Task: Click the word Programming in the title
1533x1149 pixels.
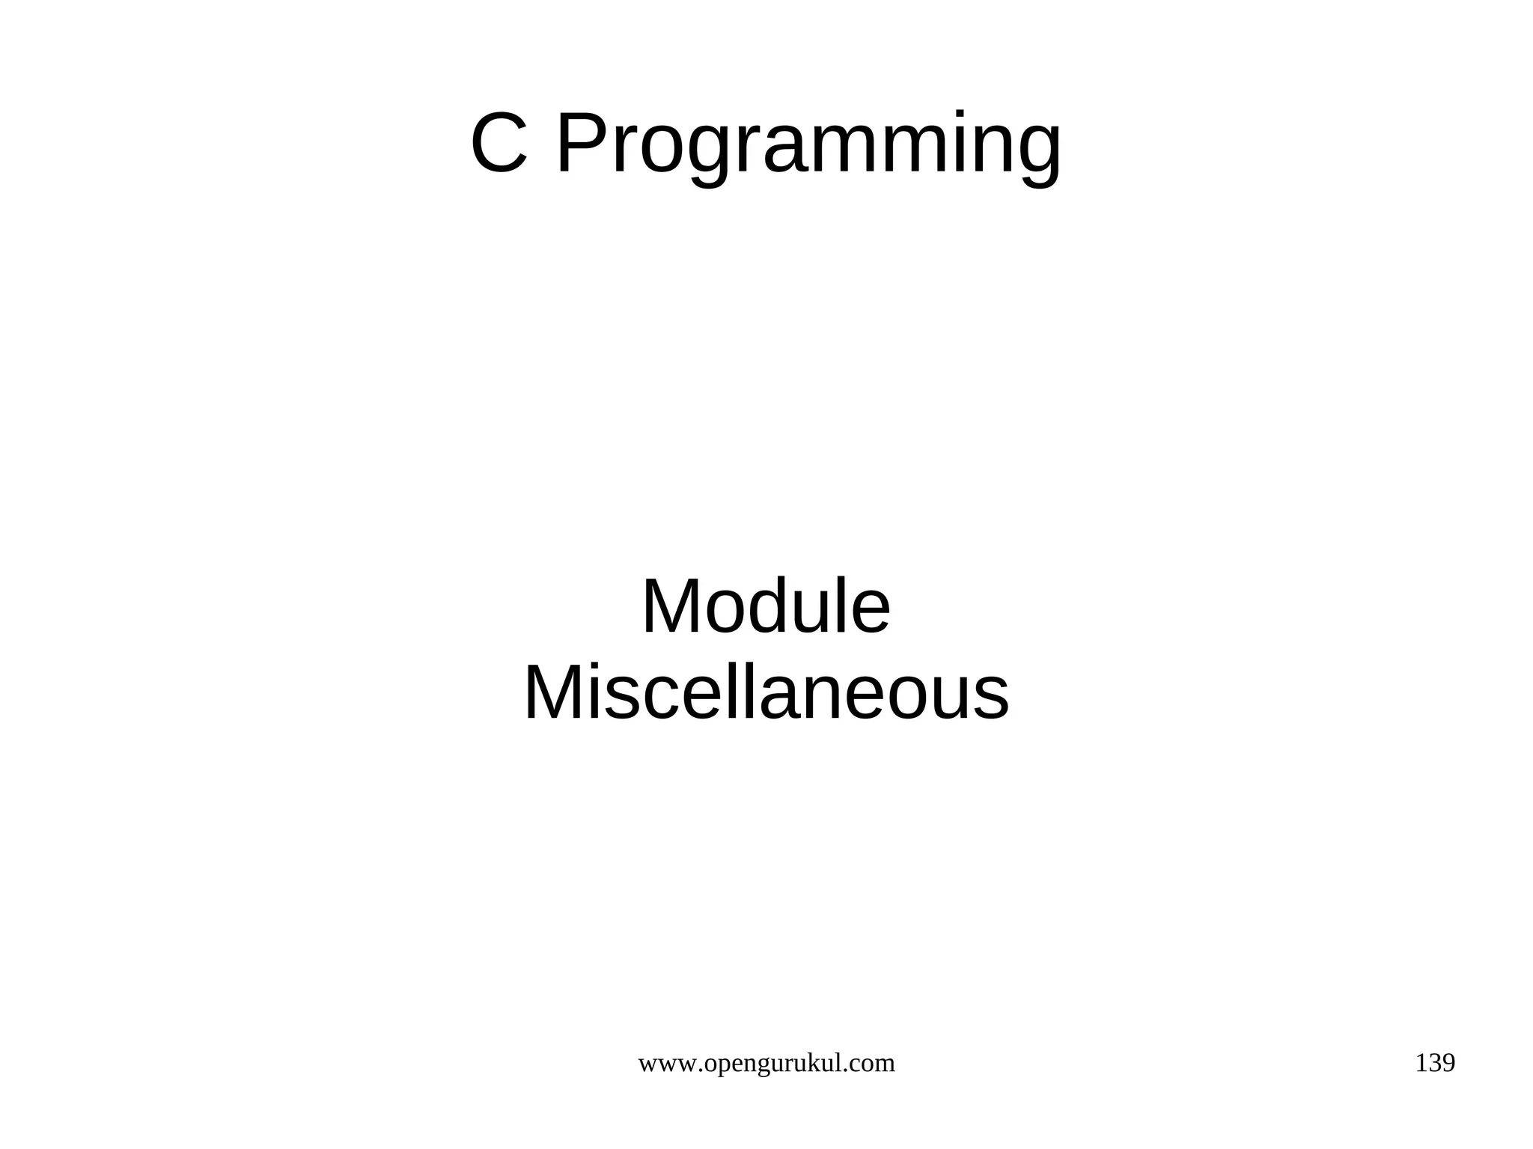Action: pyautogui.click(x=808, y=146)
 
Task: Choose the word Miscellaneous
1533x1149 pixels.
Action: pyautogui.click(x=766, y=694)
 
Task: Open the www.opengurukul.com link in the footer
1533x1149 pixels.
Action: pyautogui.click(x=766, y=1064)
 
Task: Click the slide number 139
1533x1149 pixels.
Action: pyautogui.click(x=1435, y=1064)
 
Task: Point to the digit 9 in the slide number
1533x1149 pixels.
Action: pyautogui.click(x=1448, y=1064)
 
